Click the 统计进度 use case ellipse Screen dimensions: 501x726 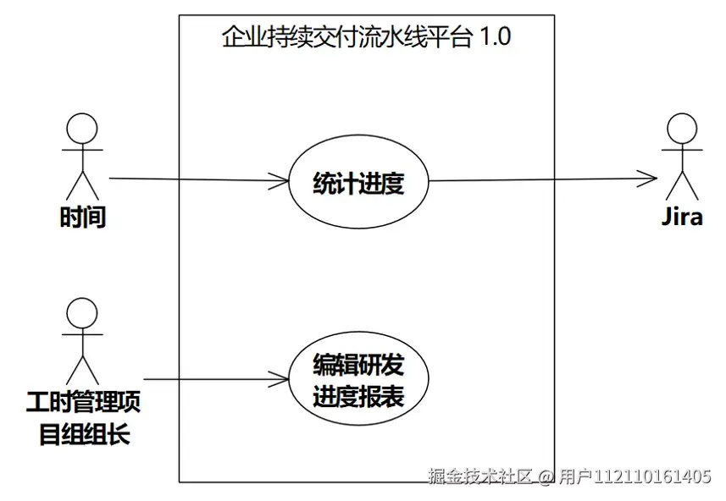358,183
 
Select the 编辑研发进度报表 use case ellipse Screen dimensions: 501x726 358,380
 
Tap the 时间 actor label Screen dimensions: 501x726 83,217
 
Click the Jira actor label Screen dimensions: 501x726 682,217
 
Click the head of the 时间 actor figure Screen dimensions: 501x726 82,129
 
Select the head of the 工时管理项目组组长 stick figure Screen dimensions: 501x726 81,312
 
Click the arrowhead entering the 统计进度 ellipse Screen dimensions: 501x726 280,180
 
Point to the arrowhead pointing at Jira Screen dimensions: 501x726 648,179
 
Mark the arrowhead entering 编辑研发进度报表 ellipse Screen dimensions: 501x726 280,379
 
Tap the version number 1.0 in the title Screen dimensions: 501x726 495,38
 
